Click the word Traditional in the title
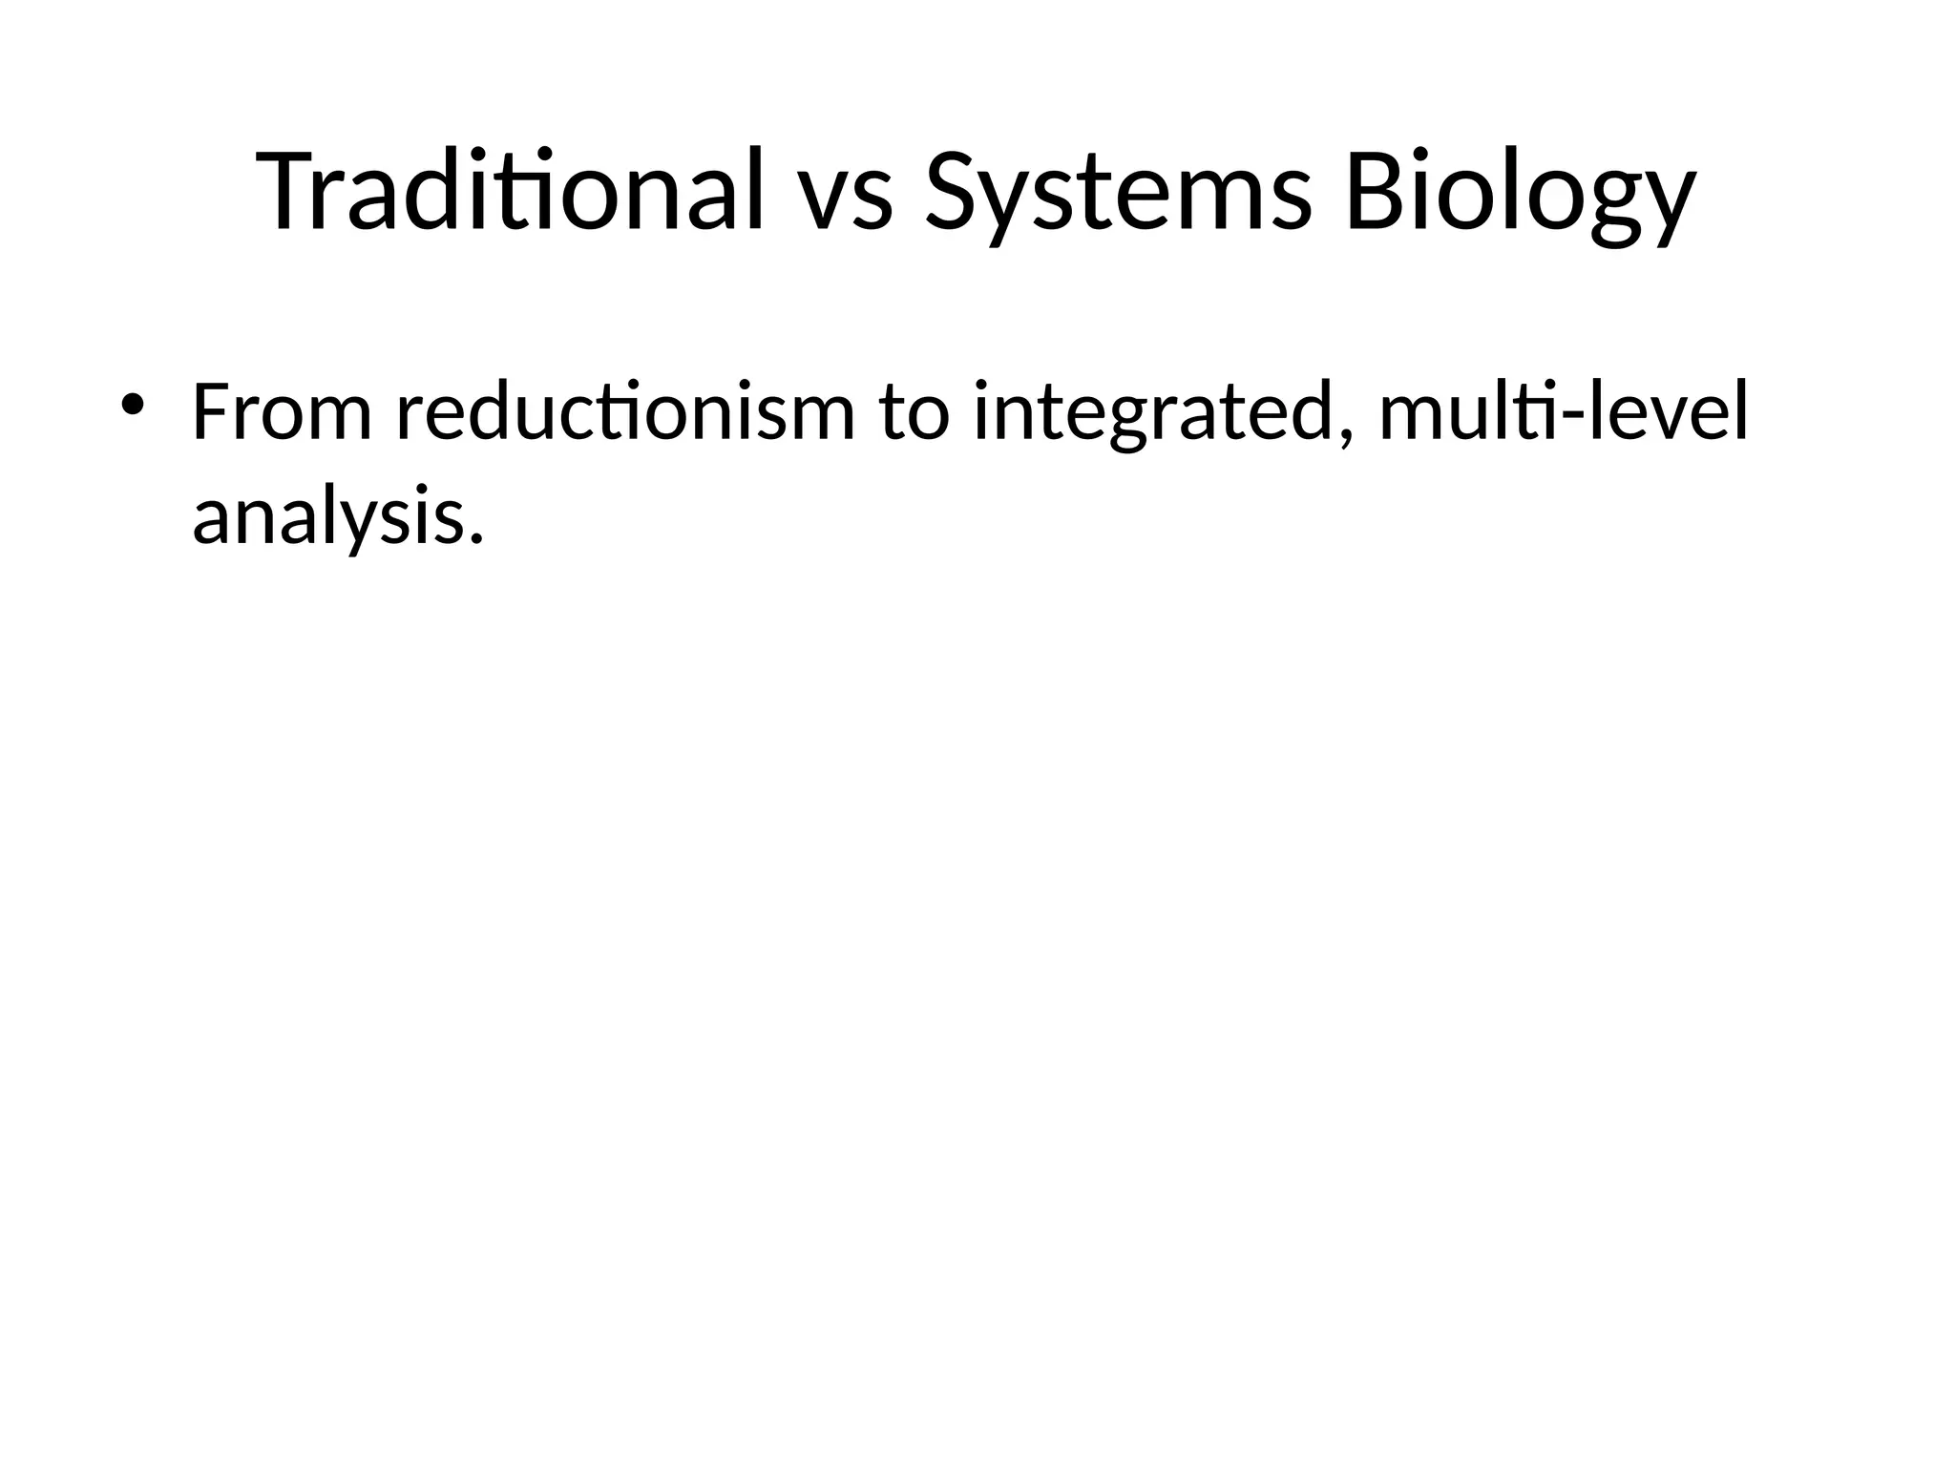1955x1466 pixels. [511, 191]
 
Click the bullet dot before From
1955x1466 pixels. [133, 404]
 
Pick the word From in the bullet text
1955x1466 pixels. [282, 412]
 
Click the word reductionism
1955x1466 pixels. [626, 412]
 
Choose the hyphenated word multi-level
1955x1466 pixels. [1564, 412]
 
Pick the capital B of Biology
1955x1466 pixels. [1374, 191]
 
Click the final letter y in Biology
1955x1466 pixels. [1666, 205]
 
